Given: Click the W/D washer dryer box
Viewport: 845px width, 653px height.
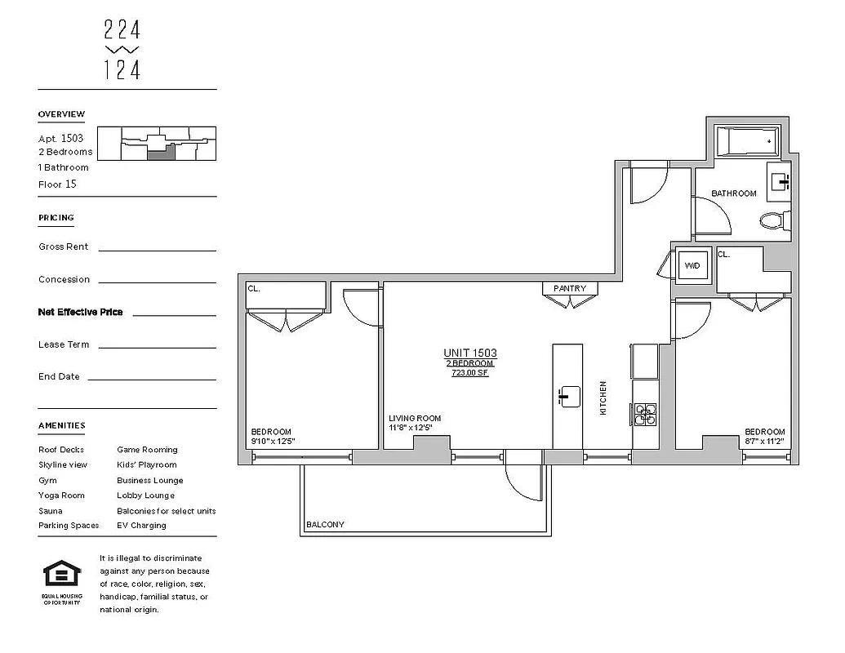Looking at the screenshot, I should [692, 266].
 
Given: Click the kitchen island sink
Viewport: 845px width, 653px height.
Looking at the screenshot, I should [568, 397].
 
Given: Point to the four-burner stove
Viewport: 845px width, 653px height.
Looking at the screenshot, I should [644, 414].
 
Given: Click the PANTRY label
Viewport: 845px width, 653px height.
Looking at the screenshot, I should [570, 288].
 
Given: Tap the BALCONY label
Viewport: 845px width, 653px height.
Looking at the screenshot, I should [325, 525].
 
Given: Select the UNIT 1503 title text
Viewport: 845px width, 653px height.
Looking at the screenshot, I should [469, 353].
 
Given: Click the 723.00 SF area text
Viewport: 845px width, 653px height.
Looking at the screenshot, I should [469, 373].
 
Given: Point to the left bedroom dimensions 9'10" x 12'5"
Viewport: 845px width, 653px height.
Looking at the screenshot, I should [273, 442].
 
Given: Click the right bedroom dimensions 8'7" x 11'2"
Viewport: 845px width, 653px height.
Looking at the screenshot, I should [763, 442].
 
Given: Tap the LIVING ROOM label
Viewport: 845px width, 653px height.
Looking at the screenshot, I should [415, 419].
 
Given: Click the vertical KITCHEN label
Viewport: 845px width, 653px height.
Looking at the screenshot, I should [603, 398].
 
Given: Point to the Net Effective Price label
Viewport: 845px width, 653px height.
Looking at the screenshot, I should [81, 312].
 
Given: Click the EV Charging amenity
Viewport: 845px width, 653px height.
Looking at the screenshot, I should [141, 526].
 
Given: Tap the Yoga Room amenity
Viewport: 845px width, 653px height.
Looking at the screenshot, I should [61, 495].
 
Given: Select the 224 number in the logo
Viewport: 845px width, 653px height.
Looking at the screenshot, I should [122, 30].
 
